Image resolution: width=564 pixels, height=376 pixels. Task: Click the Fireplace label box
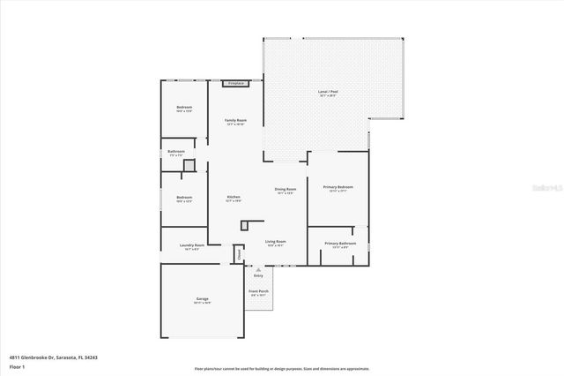pyautogui.click(x=235, y=83)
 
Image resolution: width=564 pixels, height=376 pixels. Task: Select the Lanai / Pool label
pyautogui.click(x=328, y=91)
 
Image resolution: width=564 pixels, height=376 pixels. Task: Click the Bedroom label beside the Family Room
pyautogui.click(x=184, y=108)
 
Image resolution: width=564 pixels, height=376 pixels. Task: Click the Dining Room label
pyautogui.click(x=286, y=189)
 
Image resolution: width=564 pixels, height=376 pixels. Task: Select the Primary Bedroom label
pyautogui.click(x=338, y=187)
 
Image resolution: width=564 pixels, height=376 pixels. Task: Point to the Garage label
pyautogui.click(x=202, y=299)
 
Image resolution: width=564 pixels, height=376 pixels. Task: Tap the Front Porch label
pyautogui.click(x=258, y=291)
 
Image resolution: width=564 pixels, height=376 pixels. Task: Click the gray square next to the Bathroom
pyautogui.click(x=189, y=165)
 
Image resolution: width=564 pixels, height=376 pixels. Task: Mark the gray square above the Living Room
pyautogui.click(x=244, y=225)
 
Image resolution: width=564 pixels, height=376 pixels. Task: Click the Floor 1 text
pyautogui.click(x=18, y=365)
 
